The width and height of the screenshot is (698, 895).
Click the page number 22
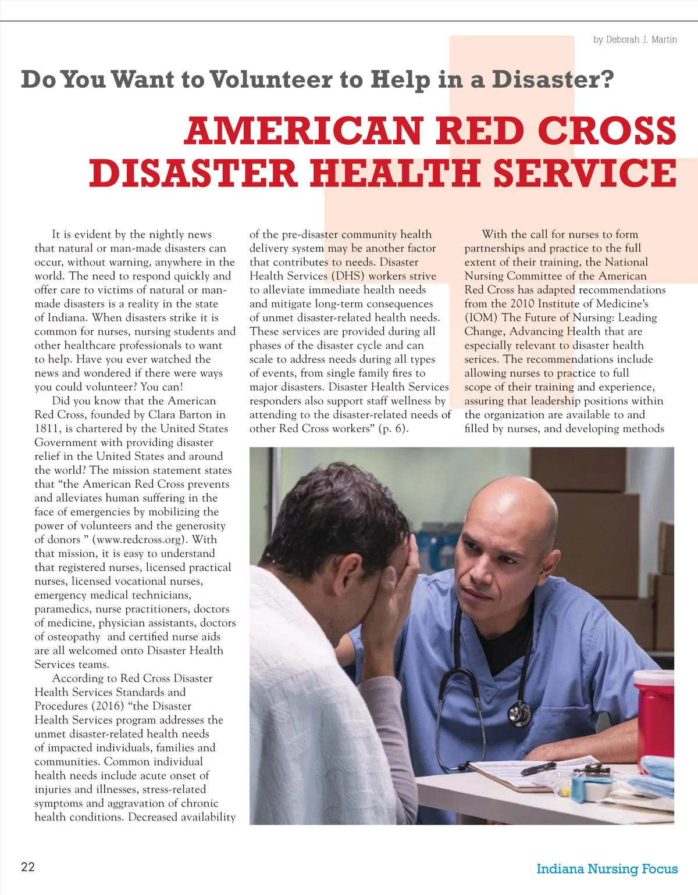point(28,867)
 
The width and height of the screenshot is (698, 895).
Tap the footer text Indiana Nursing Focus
point(607,869)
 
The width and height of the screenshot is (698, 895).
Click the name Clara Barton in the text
point(181,415)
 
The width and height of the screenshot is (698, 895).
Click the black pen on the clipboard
point(538,769)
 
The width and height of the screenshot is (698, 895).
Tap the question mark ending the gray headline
point(606,80)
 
